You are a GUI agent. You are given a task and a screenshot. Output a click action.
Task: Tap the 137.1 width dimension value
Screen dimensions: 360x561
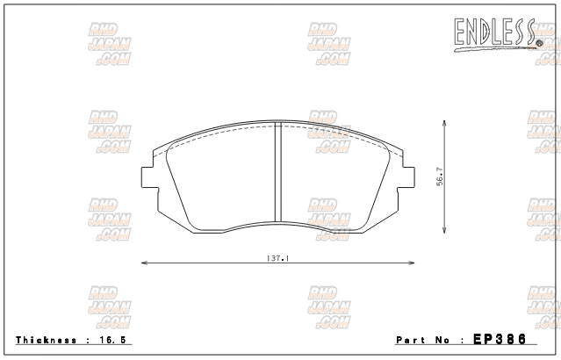[278, 258]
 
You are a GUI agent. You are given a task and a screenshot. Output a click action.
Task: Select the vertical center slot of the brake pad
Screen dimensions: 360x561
[278, 176]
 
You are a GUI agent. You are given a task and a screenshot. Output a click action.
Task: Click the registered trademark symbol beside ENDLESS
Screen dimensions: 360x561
[538, 38]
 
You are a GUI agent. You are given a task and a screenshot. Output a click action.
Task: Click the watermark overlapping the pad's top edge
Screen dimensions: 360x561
[329, 131]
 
